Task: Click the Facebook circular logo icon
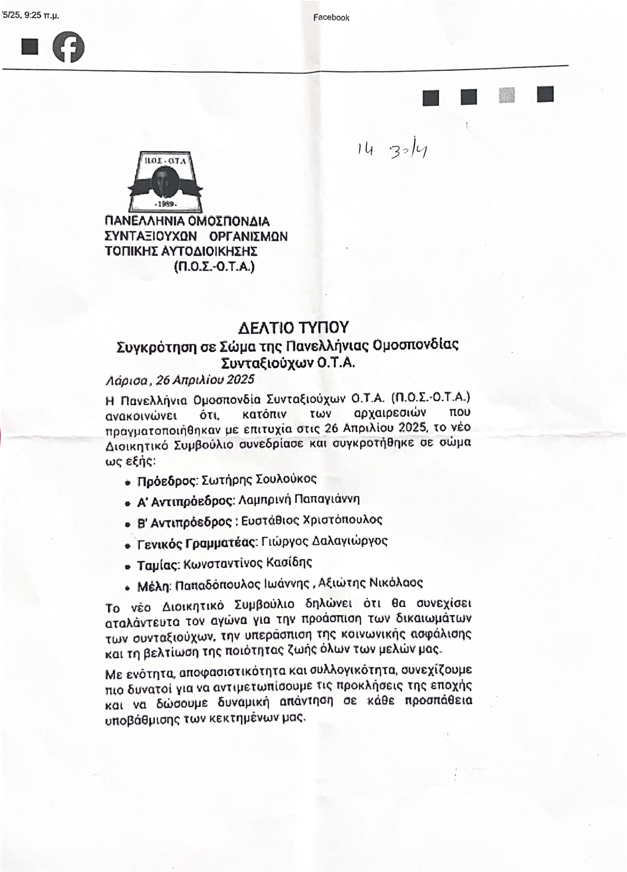(68, 47)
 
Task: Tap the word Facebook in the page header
(331, 17)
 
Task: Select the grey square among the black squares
(507, 95)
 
